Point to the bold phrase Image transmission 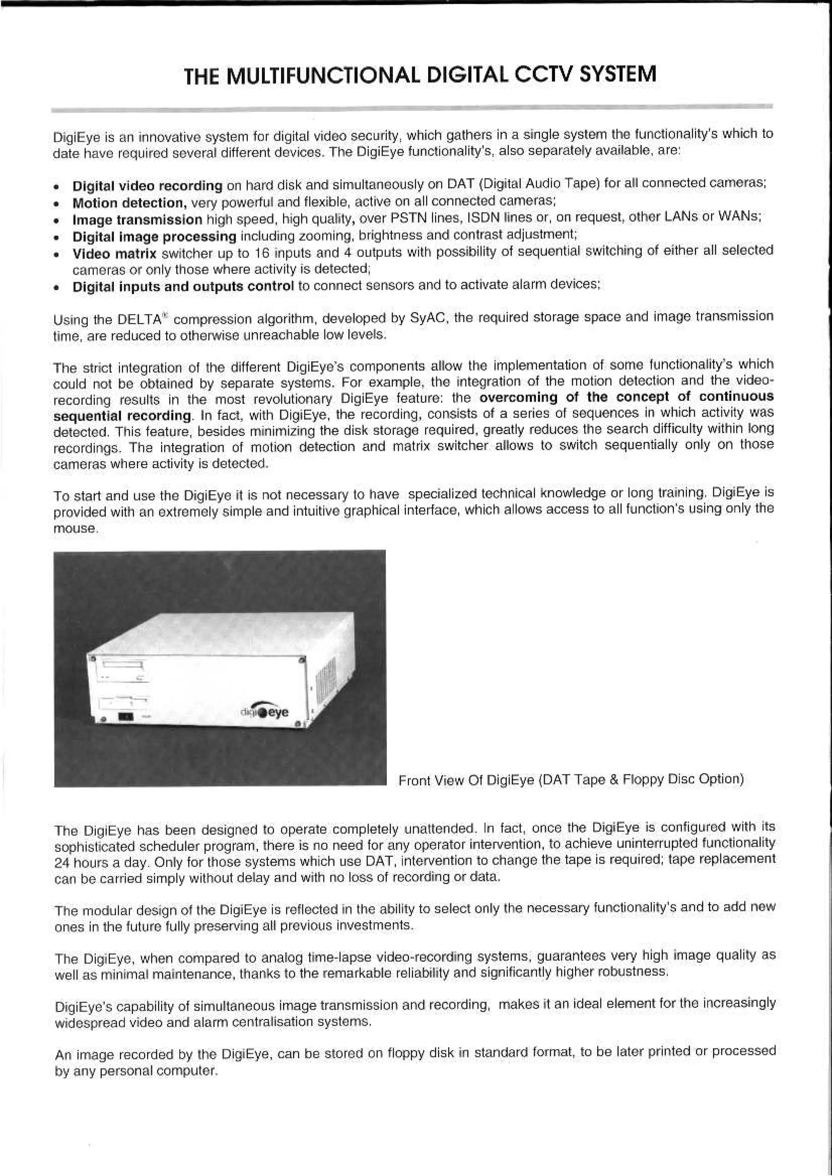(137, 220)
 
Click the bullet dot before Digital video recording (60, 186)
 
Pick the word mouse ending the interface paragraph (75, 529)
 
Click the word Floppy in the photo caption (641, 780)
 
